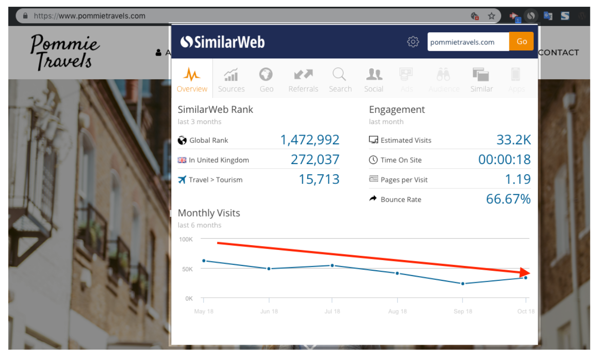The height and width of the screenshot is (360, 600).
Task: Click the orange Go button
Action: click(x=521, y=42)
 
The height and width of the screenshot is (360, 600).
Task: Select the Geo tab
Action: click(x=266, y=80)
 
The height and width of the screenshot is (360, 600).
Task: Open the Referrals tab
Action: click(x=303, y=80)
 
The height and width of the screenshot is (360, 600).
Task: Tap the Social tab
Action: click(x=374, y=80)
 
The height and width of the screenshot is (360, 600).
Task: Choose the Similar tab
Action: click(x=481, y=80)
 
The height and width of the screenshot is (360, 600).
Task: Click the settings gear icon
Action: click(x=413, y=42)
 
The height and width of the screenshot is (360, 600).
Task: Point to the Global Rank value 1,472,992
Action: click(x=310, y=140)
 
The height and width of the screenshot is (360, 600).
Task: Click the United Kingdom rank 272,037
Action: click(x=315, y=160)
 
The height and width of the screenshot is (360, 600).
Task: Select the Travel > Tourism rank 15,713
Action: click(x=319, y=180)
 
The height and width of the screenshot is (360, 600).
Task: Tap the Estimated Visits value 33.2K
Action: click(x=514, y=140)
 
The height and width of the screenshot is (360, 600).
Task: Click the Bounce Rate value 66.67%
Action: click(x=508, y=199)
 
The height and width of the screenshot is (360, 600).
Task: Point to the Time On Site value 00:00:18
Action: click(x=504, y=160)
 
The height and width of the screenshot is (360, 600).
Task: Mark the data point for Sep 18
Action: click(x=463, y=284)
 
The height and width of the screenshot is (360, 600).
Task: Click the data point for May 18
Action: click(x=204, y=261)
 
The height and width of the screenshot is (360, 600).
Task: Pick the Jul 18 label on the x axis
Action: click(x=332, y=311)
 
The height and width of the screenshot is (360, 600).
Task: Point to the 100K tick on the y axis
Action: click(x=186, y=239)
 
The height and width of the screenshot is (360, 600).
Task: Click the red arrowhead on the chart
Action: click(x=525, y=273)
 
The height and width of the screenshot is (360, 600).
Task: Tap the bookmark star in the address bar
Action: click(x=491, y=16)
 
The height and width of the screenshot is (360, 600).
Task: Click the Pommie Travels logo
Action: click(x=65, y=52)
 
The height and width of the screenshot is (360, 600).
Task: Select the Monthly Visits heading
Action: click(x=208, y=213)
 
